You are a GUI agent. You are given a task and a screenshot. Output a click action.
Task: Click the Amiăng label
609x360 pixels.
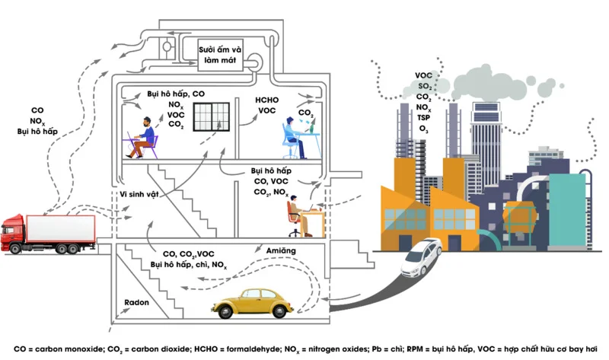click(282, 250)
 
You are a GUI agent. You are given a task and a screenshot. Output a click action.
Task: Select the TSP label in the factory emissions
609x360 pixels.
click(423, 118)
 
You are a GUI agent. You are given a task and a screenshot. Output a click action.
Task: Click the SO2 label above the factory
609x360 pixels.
click(424, 87)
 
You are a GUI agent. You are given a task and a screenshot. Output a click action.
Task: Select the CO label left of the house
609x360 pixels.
click(37, 110)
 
